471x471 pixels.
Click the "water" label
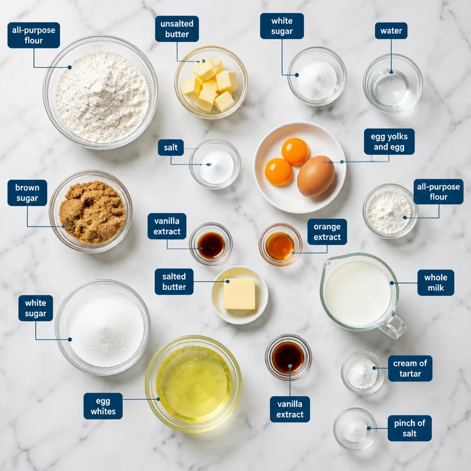click(391, 31)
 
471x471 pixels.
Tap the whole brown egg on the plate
click(316, 176)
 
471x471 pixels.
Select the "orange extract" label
click(327, 231)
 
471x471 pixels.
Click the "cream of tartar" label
click(410, 368)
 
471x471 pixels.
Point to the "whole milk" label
click(436, 282)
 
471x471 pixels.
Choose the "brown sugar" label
click(27, 193)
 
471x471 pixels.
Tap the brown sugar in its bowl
click(92, 212)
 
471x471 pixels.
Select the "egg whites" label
click(103, 406)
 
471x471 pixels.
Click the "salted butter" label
click(174, 282)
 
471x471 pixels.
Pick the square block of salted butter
click(240, 294)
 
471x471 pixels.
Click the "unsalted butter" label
click(177, 29)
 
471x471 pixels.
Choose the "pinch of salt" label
click(409, 428)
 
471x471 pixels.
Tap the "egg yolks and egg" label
click(389, 142)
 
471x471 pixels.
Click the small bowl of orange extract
click(280, 244)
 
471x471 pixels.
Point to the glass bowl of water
click(392, 83)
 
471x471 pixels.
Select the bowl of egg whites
click(193, 384)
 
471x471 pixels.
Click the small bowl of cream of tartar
click(362, 373)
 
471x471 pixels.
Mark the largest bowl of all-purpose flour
click(100, 92)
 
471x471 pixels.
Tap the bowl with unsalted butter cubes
click(211, 83)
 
